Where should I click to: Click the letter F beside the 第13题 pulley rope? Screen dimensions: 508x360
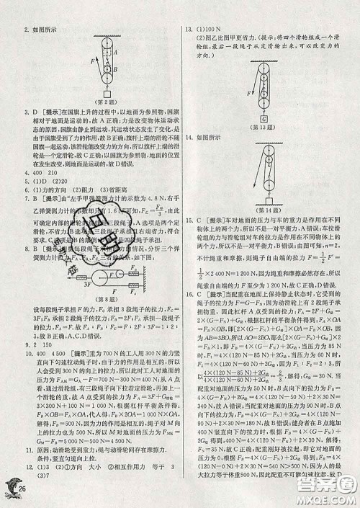[249, 93]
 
